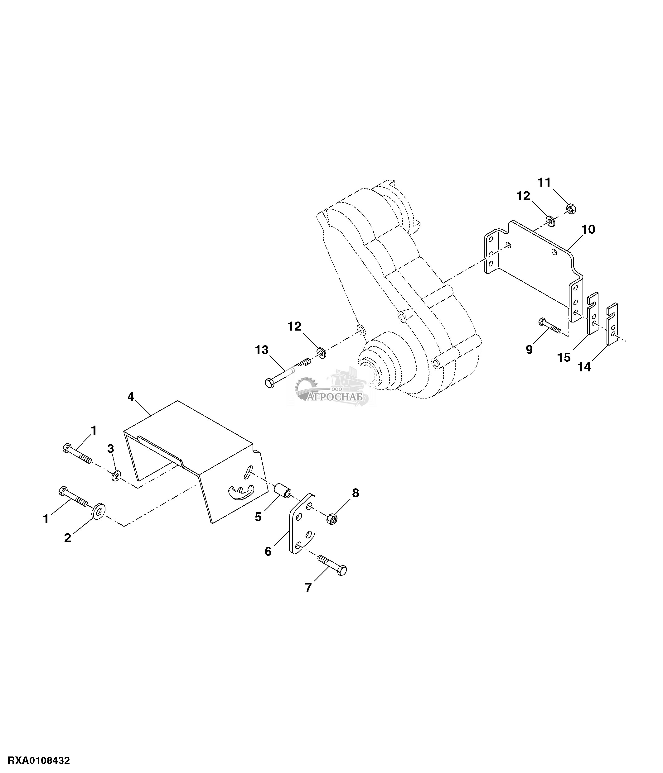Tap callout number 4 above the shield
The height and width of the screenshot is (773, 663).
(131, 397)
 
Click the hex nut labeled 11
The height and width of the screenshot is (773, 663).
(572, 208)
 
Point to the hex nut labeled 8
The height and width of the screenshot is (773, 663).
(332, 518)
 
